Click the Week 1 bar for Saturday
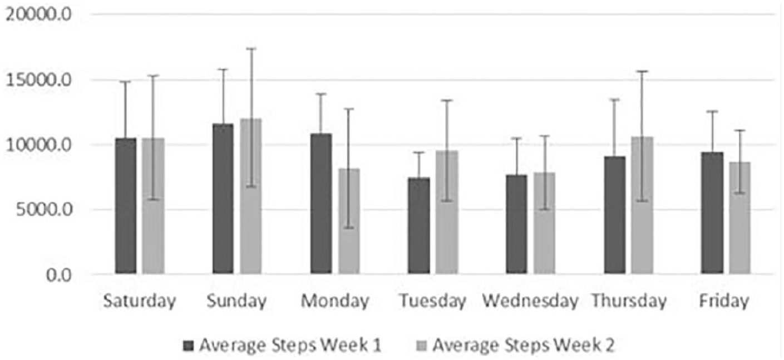[x=126, y=206]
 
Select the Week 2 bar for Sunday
[x=250, y=196]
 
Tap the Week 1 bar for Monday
[x=321, y=204]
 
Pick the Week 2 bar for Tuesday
[x=447, y=212]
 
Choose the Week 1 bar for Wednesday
[x=516, y=224]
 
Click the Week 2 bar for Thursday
[x=642, y=205]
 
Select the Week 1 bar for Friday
[x=712, y=213]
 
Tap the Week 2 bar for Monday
[x=349, y=221]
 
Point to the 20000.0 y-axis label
[x=38, y=14]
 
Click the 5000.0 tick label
[x=43, y=210]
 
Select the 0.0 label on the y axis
[x=59, y=275]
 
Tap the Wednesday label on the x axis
[x=530, y=301]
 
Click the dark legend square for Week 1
[x=188, y=346]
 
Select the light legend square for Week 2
[x=422, y=346]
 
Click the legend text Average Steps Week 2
[x=524, y=346]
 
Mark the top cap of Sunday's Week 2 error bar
[x=251, y=48]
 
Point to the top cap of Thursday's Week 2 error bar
[x=642, y=71]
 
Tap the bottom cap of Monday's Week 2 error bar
[x=349, y=228]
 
